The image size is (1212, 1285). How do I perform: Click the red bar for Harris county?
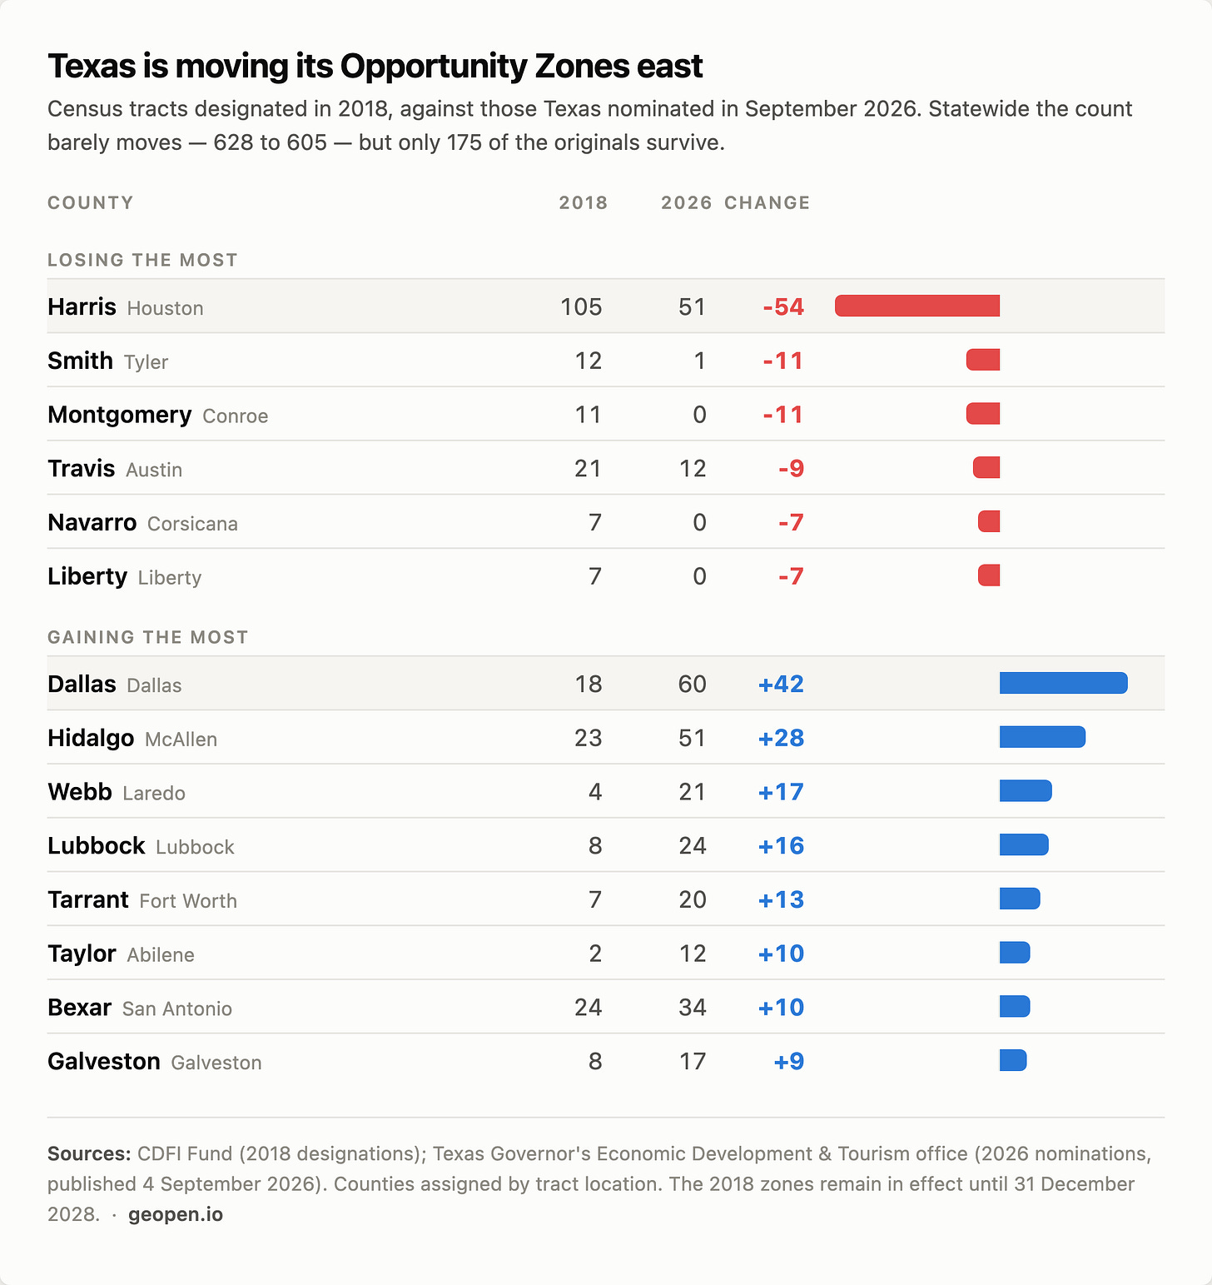(x=917, y=306)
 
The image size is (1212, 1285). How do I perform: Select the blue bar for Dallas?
(x=1064, y=683)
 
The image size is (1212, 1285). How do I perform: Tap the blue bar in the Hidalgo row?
(x=1042, y=737)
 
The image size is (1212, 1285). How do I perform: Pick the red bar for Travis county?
(x=986, y=467)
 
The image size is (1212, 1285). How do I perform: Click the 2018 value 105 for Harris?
(x=581, y=306)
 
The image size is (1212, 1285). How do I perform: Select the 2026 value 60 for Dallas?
(x=692, y=684)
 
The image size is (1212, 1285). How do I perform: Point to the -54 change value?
(x=783, y=306)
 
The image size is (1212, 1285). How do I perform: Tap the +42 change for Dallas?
(x=781, y=684)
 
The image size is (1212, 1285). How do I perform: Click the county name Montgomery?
(x=120, y=415)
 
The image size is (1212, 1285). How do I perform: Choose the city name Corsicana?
(x=192, y=523)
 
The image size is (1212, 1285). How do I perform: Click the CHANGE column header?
(x=767, y=202)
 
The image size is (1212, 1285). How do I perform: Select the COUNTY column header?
(x=90, y=202)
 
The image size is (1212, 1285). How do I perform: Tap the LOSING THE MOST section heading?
(x=142, y=260)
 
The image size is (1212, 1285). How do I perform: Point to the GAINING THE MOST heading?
(x=148, y=637)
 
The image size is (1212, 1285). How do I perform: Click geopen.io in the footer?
(x=176, y=1214)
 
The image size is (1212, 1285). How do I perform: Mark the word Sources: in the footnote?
(x=89, y=1153)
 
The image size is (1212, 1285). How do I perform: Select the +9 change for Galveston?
(x=789, y=1061)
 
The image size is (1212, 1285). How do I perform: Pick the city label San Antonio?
(x=177, y=1009)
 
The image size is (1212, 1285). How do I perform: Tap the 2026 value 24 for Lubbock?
(x=692, y=845)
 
